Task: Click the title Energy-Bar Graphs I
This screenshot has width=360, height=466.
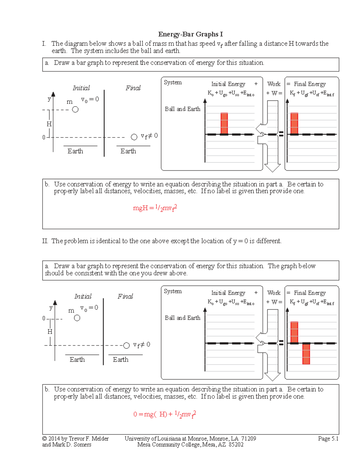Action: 190,34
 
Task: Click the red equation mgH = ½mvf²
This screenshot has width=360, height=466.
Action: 155,208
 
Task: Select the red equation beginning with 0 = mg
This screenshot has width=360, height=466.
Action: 164,414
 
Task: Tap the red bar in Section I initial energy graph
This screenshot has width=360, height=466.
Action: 224,123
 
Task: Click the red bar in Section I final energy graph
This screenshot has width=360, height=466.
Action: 294,123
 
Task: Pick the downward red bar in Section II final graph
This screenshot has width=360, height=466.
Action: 306,354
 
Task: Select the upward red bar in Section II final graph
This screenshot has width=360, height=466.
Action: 294,332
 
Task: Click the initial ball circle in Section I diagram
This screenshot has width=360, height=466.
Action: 75,110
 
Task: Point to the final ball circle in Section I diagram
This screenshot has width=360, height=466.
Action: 134,137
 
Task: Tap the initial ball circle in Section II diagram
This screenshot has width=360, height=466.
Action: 77,318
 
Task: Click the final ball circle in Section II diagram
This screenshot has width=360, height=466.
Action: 126,346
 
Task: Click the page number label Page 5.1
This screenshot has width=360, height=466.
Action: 328,439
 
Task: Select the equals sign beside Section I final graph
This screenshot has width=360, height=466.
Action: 281,134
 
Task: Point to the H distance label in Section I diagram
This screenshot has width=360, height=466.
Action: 49,124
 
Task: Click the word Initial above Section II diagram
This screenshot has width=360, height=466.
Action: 83,296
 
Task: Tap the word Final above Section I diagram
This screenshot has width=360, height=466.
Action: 133,88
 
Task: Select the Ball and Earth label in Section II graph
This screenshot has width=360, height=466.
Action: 182,318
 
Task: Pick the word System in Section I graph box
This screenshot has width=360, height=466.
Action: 172,83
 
